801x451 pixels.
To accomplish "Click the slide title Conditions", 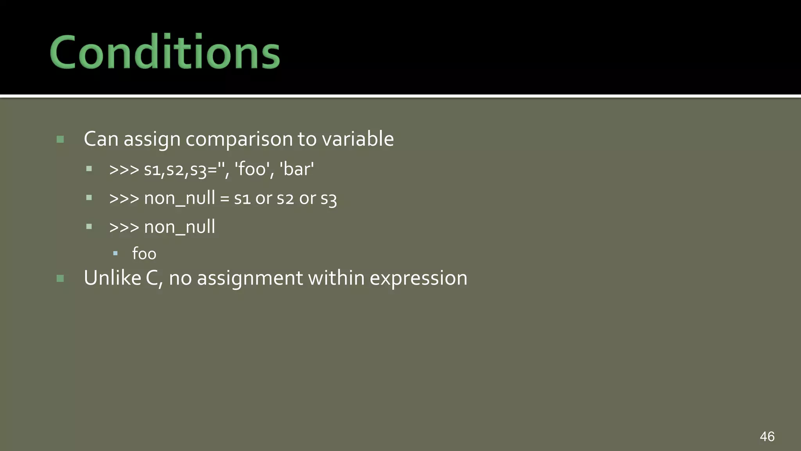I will click(165, 52).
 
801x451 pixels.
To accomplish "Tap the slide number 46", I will click(767, 437).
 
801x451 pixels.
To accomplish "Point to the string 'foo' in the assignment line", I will click(252, 170).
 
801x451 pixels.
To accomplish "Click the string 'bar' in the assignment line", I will click(296, 170).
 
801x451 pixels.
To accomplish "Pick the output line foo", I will click(144, 254).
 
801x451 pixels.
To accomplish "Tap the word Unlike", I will click(112, 278).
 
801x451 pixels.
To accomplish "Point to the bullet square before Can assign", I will click(60, 139).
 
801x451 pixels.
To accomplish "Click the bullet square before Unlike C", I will click(60, 278).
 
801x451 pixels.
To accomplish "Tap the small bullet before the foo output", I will click(115, 254).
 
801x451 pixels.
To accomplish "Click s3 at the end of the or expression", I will click(329, 198).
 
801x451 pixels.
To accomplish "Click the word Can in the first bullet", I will click(101, 139).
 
